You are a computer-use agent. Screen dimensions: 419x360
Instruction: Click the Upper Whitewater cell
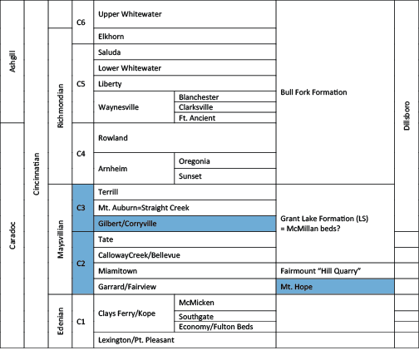tap(185, 14)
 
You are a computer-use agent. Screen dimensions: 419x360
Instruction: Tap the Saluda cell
tap(185, 52)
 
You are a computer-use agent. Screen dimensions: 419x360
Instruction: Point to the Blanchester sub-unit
tap(225, 96)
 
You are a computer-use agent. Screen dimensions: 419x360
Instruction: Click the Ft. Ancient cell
tap(225, 117)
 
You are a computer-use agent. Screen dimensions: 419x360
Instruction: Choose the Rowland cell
tap(185, 138)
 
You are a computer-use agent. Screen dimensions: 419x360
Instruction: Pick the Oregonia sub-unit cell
tap(225, 160)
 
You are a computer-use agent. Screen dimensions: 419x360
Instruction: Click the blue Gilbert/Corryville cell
tap(185, 224)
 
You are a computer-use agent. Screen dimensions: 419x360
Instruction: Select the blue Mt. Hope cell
tap(335, 287)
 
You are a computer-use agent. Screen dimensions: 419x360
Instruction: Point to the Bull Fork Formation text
tap(313, 92)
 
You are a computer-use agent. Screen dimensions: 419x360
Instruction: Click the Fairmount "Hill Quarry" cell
tap(335, 271)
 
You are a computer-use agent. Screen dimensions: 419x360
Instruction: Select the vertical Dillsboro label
tap(407, 116)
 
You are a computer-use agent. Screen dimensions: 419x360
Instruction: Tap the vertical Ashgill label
tap(12, 62)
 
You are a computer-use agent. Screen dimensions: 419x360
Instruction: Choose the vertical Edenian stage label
tap(60, 321)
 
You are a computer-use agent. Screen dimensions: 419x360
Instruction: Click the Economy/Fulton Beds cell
tap(225, 327)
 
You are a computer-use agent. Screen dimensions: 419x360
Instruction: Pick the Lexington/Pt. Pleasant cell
tap(185, 340)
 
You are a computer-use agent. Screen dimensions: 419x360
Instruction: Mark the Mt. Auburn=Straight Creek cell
tap(185, 208)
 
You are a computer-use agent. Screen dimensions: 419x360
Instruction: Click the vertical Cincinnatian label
tap(36, 174)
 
